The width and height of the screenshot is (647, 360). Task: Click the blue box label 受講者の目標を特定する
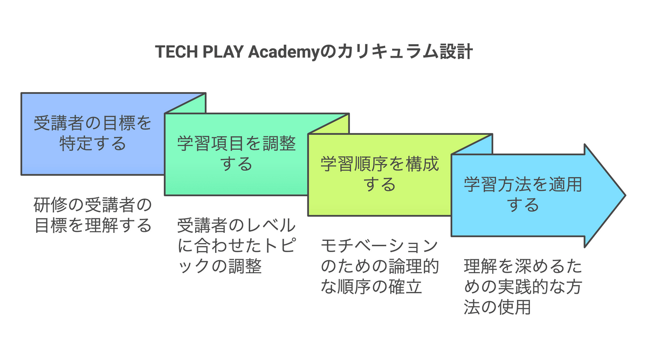point(93,134)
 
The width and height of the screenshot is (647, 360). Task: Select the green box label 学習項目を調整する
point(236,154)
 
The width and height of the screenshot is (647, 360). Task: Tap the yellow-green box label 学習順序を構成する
point(380,174)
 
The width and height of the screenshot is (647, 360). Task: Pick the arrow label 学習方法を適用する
point(523,195)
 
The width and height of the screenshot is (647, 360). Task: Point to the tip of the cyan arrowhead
point(624,195)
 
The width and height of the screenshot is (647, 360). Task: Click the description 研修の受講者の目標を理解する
point(93,214)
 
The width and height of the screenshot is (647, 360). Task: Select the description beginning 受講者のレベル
point(236,245)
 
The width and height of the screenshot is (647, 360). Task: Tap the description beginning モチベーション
point(380,266)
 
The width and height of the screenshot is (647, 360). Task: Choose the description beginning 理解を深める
point(523,286)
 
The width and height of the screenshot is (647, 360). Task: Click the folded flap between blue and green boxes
point(185,103)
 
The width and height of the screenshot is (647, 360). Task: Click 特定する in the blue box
point(93,144)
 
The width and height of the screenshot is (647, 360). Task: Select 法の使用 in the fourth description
point(497,307)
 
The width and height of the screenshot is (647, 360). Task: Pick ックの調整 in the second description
point(220,266)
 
